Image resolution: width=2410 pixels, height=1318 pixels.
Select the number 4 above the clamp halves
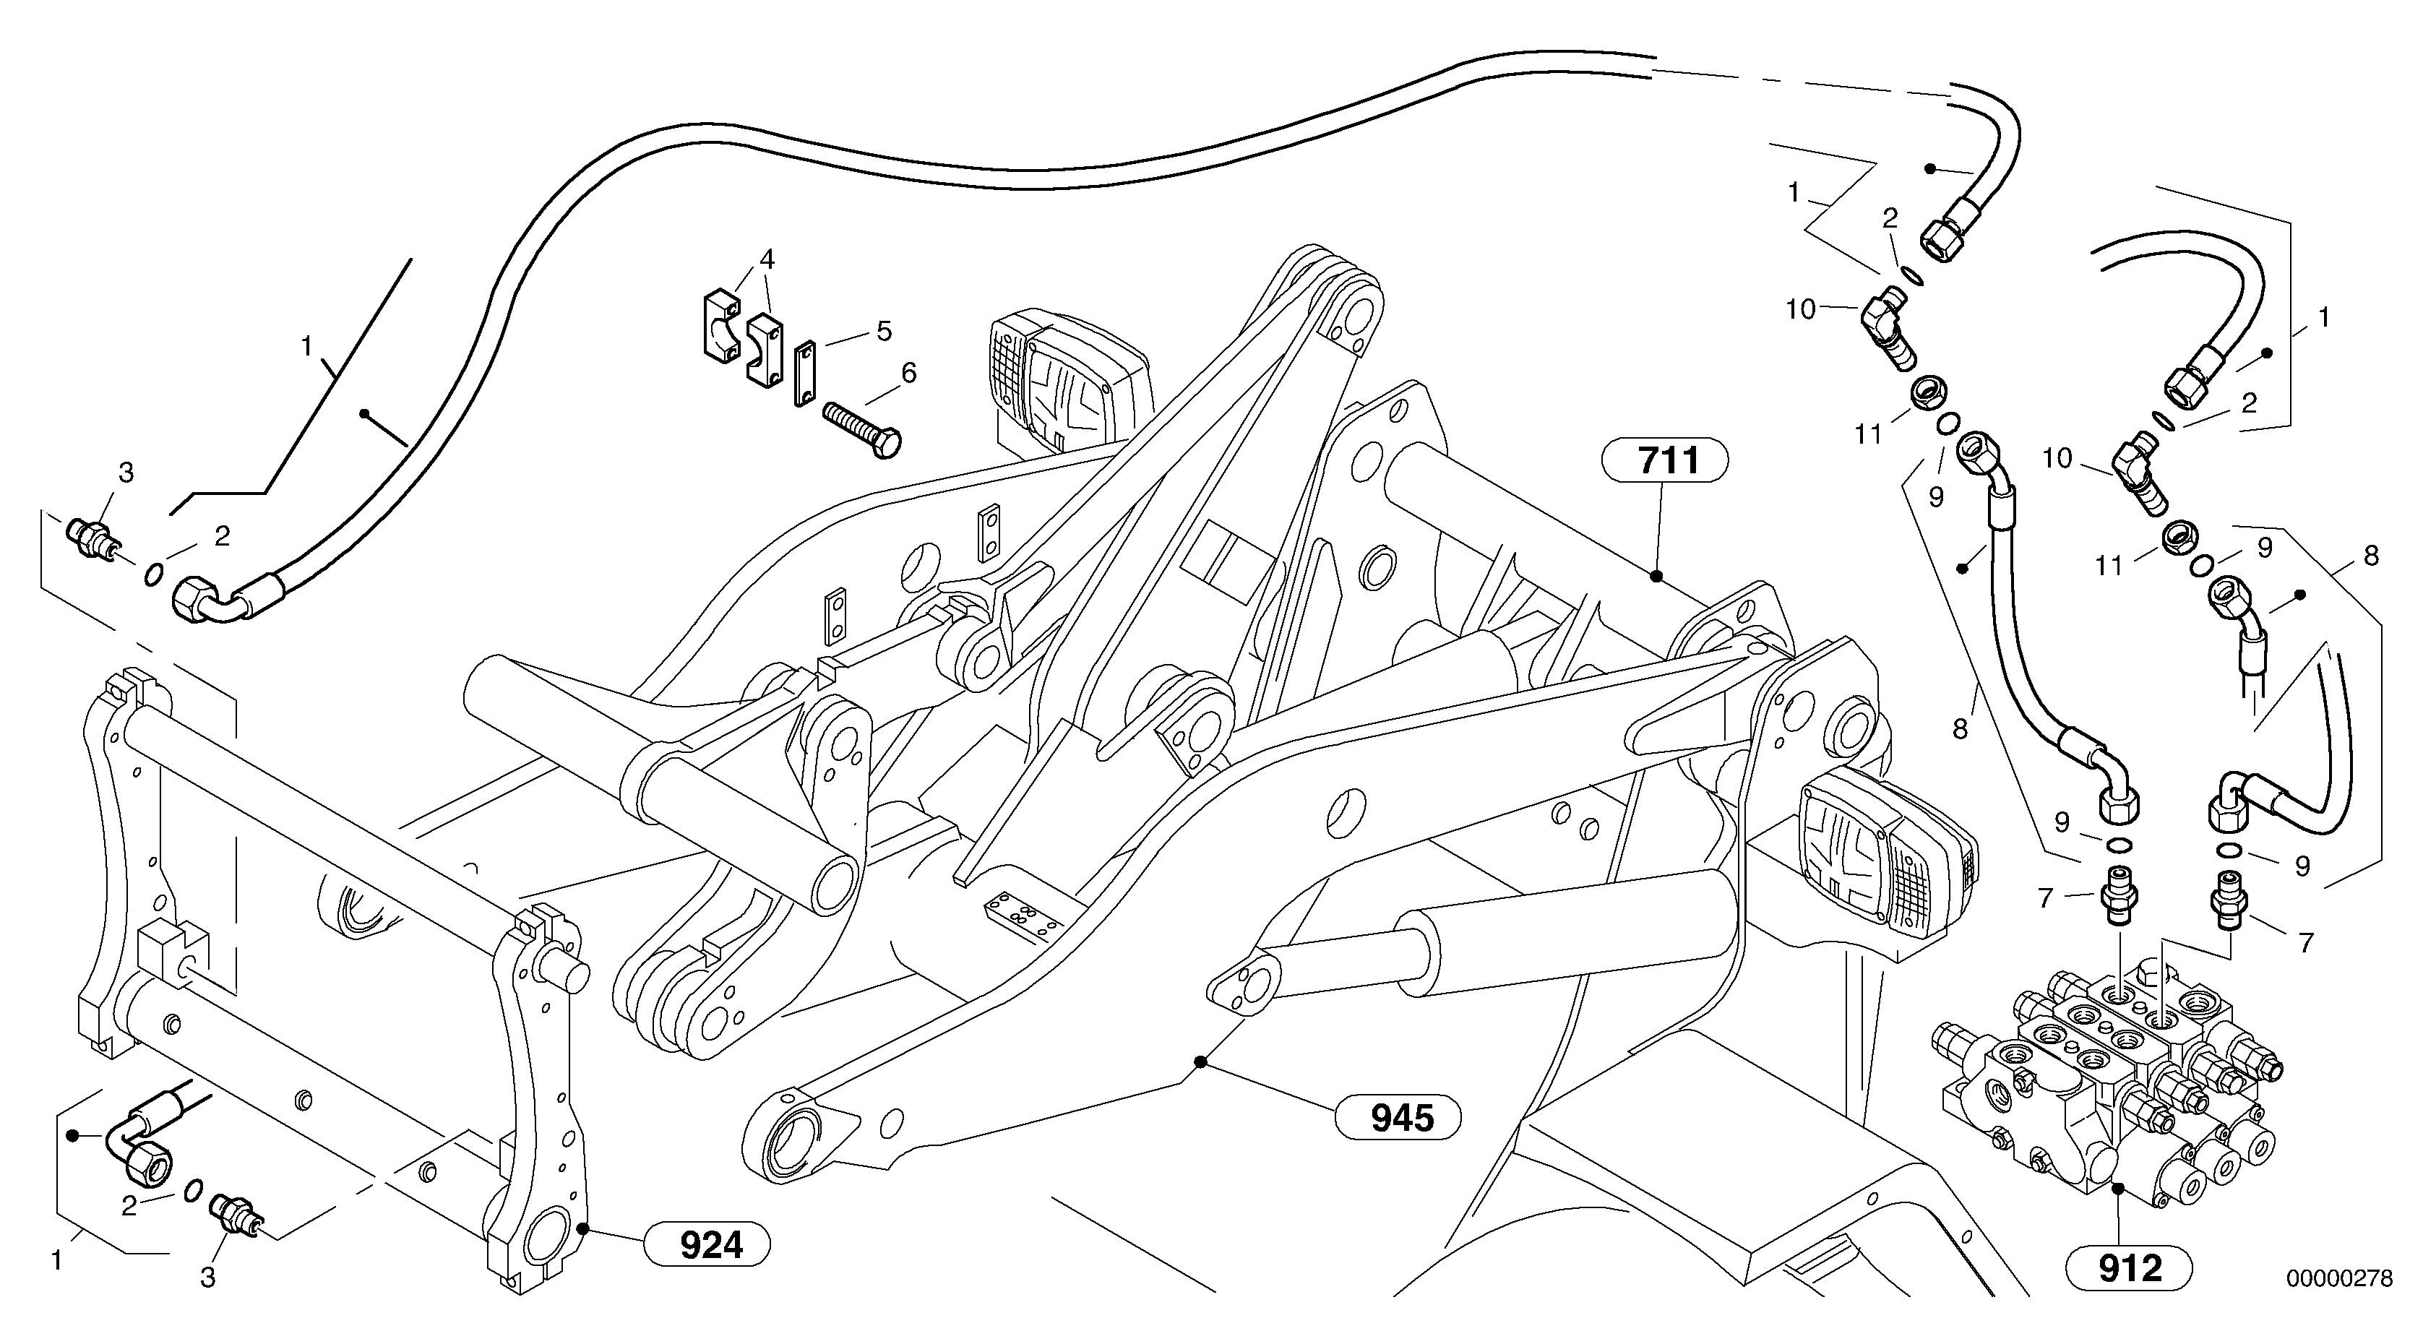(767, 259)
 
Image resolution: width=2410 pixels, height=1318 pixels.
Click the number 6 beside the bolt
(908, 374)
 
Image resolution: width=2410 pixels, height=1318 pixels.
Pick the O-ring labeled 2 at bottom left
(194, 1191)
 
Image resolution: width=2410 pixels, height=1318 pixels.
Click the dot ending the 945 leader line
(1200, 1061)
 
